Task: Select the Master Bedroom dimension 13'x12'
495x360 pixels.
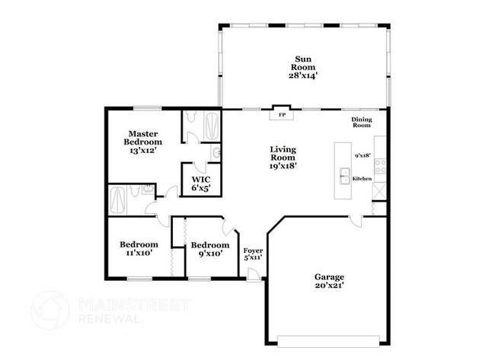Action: coord(144,151)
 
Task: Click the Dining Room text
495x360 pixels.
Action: coord(361,122)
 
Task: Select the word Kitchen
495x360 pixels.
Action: coord(362,178)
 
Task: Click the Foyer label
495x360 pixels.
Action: coord(253,253)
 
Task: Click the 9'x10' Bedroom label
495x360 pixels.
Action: coord(209,249)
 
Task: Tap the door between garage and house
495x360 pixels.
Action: coord(356,220)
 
